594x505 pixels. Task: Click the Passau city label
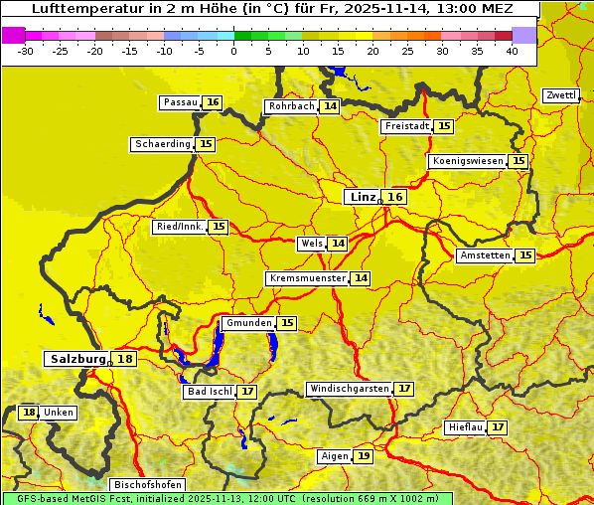(x=180, y=102)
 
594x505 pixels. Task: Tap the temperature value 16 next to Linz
(x=395, y=197)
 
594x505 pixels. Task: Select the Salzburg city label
(x=78, y=359)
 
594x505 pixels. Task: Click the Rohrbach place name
(x=291, y=106)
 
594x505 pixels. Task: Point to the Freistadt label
(x=406, y=126)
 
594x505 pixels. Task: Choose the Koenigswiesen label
(x=467, y=161)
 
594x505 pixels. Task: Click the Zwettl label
(x=560, y=95)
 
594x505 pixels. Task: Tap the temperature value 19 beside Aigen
(x=364, y=456)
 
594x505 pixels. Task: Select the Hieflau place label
(x=466, y=427)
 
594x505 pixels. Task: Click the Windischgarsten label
(x=349, y=389)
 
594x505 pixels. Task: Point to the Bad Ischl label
(x=209, y=392)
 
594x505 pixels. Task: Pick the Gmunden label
(x=248, y=323)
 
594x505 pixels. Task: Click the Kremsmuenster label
(x=307, y=278)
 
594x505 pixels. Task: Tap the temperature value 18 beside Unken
(x=29, y=413)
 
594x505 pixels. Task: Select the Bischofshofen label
(x=147, y=485)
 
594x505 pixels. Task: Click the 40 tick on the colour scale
(x=512, y=52)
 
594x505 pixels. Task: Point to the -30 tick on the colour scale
(x=26, y=52)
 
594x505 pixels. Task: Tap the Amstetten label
(x=485, y=255)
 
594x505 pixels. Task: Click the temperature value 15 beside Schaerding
(x=206, y=144)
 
